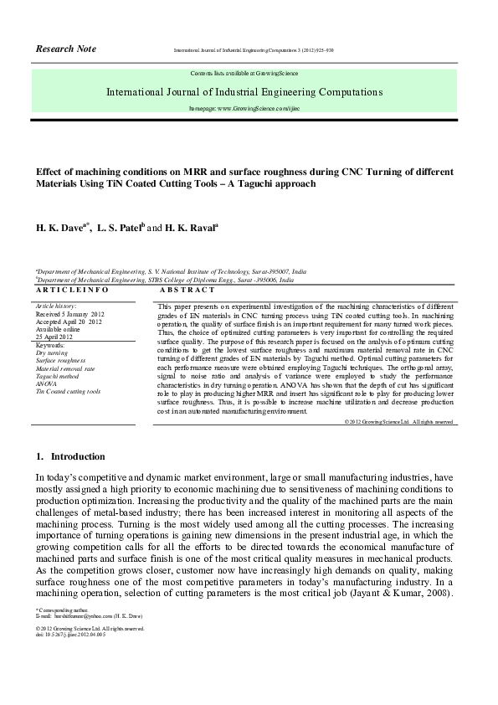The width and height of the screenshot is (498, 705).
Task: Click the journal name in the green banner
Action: [x=244, y=91]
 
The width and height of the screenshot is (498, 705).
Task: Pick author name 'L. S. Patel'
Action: [x=121, y=227]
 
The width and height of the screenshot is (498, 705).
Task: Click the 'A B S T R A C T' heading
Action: [x=187, y=290]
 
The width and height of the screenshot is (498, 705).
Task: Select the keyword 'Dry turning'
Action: [x=52, y=353]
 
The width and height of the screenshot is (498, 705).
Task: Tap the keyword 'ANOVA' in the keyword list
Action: [x=47, y=383]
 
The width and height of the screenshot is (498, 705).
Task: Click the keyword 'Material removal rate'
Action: [x=65, y=368]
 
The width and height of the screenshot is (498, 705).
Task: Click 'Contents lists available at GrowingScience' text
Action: [x=244, y=74]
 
